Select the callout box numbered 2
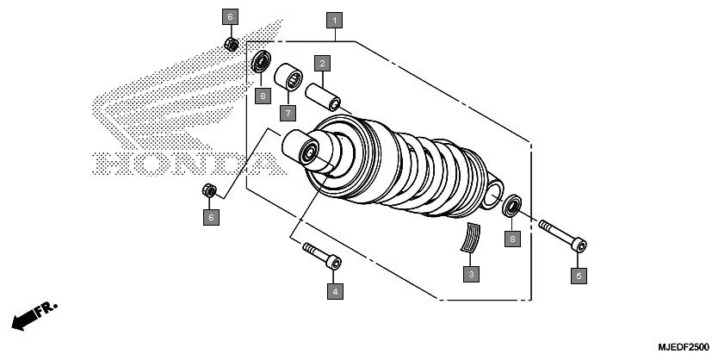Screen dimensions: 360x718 click(322, 63)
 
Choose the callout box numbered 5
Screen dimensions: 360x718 click(579, 276)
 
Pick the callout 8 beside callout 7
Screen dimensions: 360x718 click(262, 95)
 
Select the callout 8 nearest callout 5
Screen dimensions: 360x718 click(512, 239)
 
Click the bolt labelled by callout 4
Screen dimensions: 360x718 click(322, 256)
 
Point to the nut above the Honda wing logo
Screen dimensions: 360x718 click(231, 43)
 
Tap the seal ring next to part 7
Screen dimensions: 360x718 click(261, 64)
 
